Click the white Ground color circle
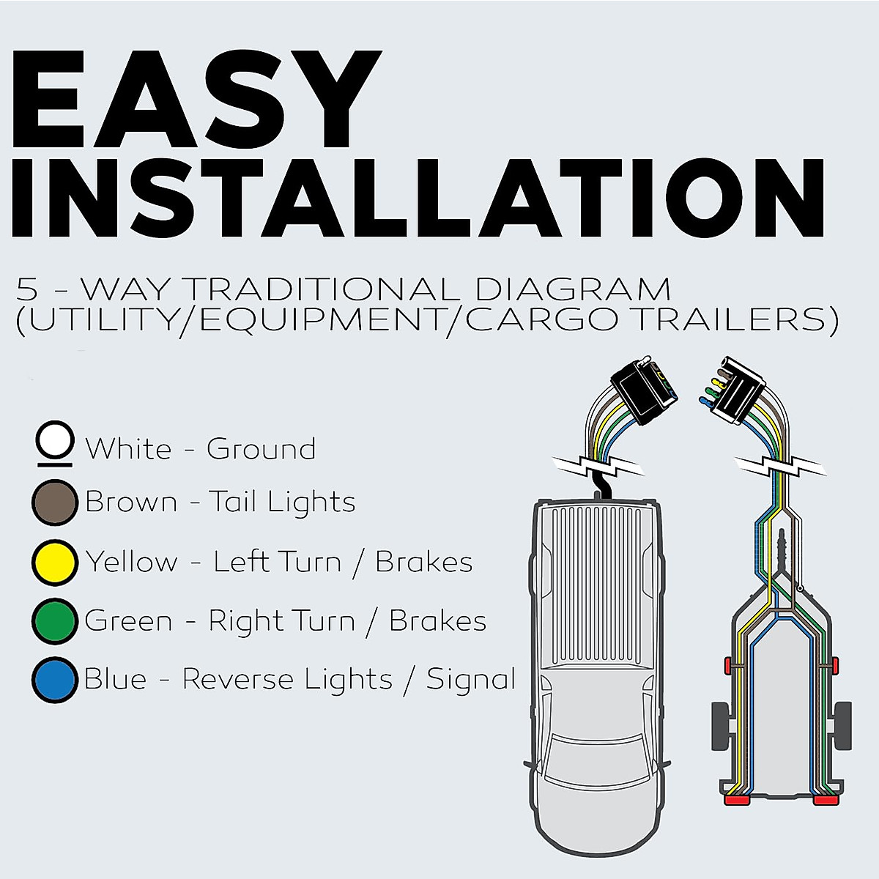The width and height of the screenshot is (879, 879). (x=55, y=442)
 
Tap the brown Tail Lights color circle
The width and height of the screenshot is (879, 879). (x=55, y=502)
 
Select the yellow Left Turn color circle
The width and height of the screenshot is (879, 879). (x=55, y=562)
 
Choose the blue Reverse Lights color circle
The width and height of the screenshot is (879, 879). (x=55, y=680)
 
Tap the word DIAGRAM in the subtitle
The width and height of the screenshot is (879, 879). (x=572, y=290)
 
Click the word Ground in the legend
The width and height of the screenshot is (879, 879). (x=261, y=449)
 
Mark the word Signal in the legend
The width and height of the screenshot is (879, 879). (x=471, y=680)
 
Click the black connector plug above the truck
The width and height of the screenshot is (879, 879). (x=643, y=393)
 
